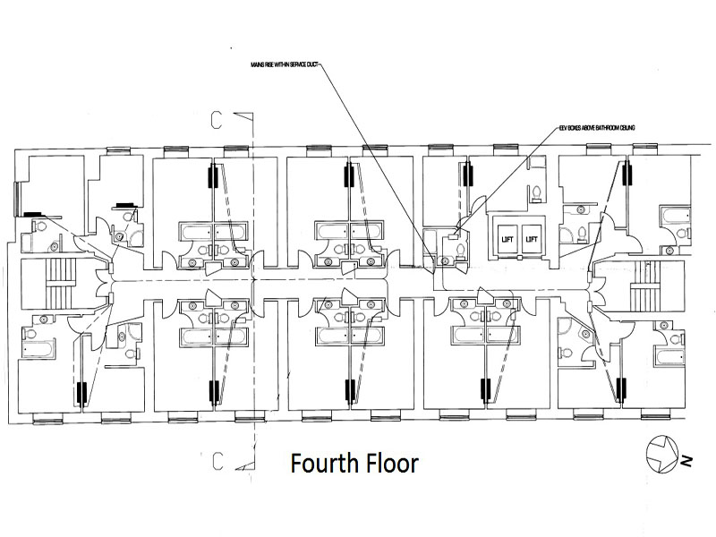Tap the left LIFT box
click(x=506, y=239)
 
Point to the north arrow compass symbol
click(x=661, y=452)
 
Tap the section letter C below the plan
click(x=217, y=461)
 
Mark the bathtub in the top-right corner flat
click(x=673, y=215)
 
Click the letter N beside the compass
click(x=686, y=461)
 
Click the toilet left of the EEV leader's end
click(x=456, y=247)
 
